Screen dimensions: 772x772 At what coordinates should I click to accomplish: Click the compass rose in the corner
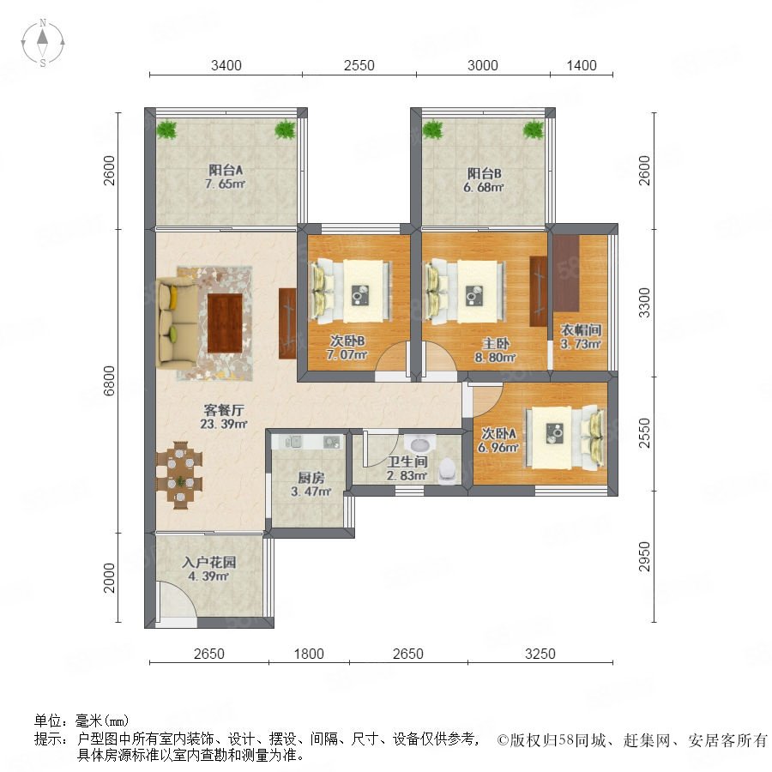tap(43, 43)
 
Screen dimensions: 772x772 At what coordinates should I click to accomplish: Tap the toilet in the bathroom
tap(447, 471)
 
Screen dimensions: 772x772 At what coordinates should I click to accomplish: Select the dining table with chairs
tap(179, 475)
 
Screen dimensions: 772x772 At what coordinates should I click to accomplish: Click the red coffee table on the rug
tap(225, 323)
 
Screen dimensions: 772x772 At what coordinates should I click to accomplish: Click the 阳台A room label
tap(226, 171)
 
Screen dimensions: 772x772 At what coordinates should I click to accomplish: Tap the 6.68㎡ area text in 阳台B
tap(484, 188)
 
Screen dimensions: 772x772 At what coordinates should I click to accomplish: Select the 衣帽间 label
tap(581, 330)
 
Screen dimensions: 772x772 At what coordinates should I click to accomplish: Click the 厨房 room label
tap(311, 478)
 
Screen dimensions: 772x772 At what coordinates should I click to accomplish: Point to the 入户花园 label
tap(208, 562)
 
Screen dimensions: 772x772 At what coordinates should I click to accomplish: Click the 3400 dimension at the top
tap(226, 65)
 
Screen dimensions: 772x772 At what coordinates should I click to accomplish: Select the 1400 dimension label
tap(582, 65)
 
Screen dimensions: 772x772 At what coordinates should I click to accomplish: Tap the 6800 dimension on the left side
tap(109, 381)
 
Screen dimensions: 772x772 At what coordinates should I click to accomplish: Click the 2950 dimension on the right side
tap(644, 557)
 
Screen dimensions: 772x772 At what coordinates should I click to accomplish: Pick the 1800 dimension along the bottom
tap(309, 654)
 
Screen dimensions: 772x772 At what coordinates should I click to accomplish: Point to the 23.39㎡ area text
tap(224, 424)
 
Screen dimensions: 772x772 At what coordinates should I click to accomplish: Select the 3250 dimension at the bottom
tap(540, 654)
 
